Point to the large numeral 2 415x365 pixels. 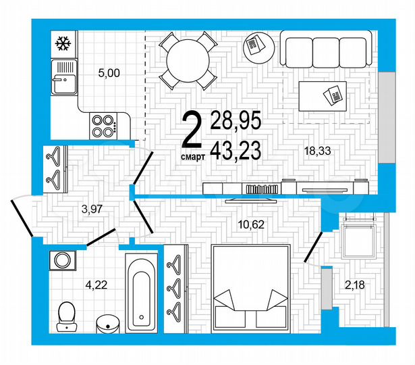click(x=193, y=130)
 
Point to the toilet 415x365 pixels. click(x=67, y=315)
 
